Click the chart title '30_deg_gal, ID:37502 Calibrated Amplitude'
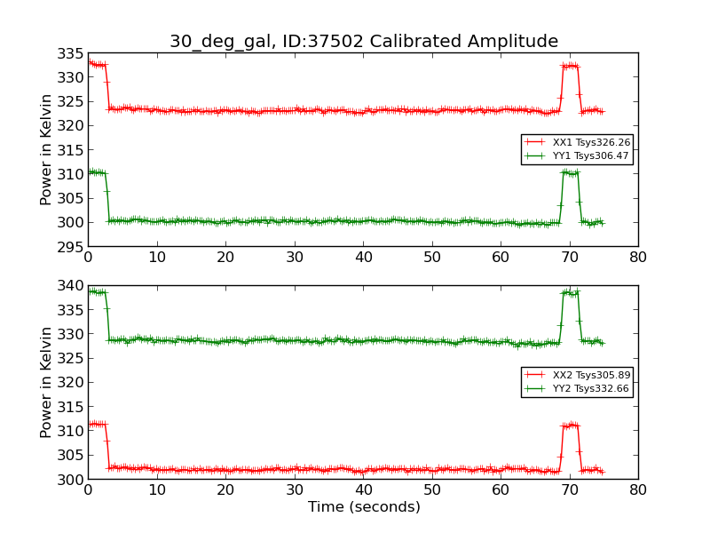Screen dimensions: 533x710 (x=364, y=41)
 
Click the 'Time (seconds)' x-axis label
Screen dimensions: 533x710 (x=364, y=507)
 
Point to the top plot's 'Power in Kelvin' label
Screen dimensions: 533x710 (x=47, y=149)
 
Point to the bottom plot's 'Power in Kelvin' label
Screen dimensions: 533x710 (x=47, y=382)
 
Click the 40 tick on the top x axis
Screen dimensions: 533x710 (x=363, y=258)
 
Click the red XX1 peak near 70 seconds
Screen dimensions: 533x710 (x=569, y=66)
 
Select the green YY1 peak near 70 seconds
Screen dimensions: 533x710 (x=569, y=172)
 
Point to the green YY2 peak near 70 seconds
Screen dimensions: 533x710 (x=569, y=292)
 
